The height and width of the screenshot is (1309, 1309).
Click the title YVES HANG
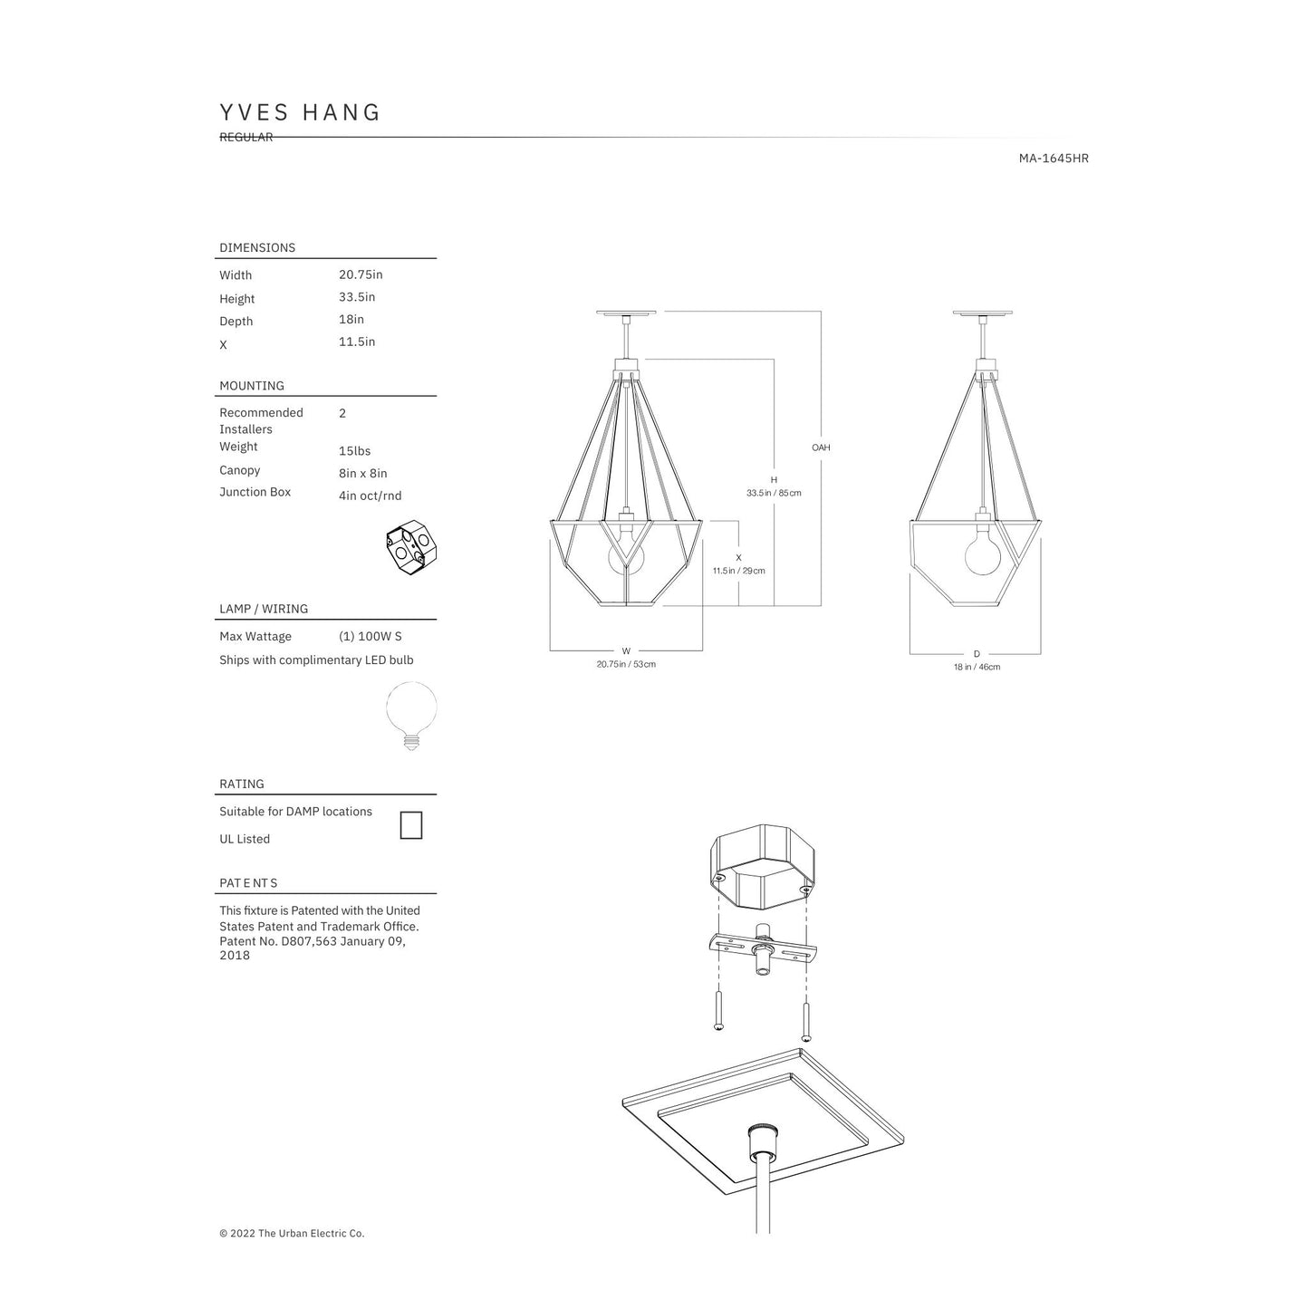300,112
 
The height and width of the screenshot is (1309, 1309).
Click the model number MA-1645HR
1053,159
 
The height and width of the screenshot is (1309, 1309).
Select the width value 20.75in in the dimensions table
361,274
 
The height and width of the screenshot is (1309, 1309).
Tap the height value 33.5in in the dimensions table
357,297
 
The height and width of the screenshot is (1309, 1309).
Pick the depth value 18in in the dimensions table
351,320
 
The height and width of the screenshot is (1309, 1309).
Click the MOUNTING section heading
252,386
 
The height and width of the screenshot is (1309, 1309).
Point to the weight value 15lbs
354,451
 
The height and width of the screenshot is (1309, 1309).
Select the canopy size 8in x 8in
362,474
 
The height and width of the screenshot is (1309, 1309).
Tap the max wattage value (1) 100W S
370,637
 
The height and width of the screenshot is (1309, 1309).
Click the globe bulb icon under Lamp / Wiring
411,716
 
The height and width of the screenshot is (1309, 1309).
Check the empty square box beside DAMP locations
411,825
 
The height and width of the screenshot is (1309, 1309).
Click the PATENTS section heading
248,883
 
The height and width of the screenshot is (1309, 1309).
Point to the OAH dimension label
821,448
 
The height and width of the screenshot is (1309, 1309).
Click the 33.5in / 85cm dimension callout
774,494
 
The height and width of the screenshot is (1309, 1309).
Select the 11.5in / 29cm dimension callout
738,571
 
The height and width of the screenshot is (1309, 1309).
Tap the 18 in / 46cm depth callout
977,668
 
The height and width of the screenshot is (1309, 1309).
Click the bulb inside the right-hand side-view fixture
982,555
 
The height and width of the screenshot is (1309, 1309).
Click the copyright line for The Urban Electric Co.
292,1233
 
